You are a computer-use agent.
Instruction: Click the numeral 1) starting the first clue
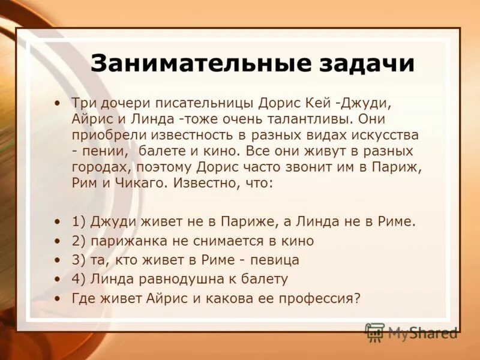pos(79,221)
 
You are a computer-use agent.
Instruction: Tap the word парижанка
pos(124,241)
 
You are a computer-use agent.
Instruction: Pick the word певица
pos(270,260)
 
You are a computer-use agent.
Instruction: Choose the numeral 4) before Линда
pos(79,279)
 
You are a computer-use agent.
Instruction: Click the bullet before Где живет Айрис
pos(56,298)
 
